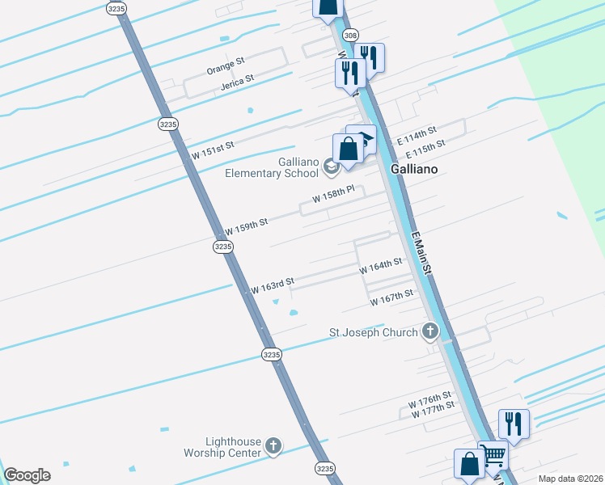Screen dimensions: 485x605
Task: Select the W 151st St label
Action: coord(212,149)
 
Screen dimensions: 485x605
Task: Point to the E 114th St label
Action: coord(417,135)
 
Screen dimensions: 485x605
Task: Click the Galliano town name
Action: coord(414,169)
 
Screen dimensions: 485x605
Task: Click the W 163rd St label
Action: coord(272,285)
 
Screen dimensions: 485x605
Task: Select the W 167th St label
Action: coord(391,297)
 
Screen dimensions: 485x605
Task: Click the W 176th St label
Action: coord(429,401)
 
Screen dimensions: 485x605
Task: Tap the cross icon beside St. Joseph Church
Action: coord(430,331)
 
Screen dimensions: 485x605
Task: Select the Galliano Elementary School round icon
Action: coord(330,167)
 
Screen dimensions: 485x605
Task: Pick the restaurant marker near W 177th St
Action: coord(513,423)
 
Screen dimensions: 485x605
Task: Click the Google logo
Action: coord(27,474)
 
